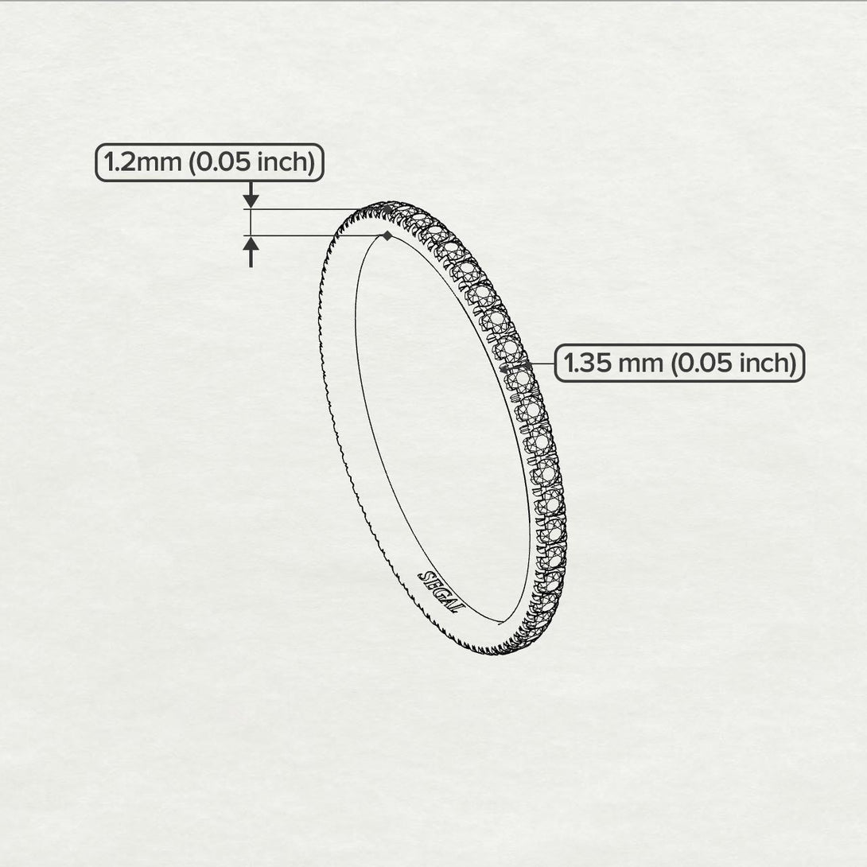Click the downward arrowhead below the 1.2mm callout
[251, 200]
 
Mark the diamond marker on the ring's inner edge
[387, 235]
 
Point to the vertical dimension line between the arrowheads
[251, 223]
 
